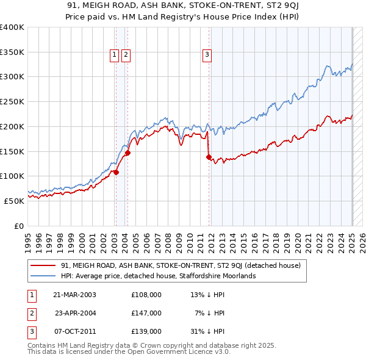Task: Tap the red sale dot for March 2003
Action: [116, 172]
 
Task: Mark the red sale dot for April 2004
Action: [128, 153]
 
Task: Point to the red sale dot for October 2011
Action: [209, 157]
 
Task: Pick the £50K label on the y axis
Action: [13, 201]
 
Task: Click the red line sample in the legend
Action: [43, 266]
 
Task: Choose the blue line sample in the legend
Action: [43, 276]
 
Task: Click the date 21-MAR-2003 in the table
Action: [75, 295]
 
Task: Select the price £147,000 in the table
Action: [146, 313]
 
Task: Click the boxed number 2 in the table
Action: [30, 313]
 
